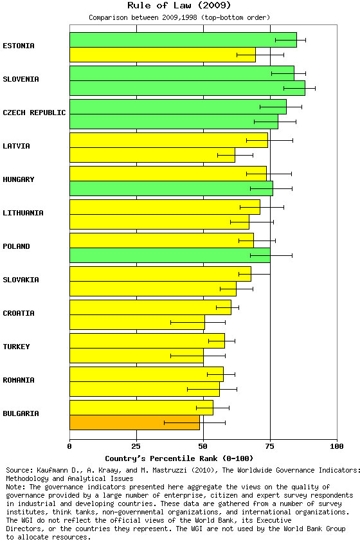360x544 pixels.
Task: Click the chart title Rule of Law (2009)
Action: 179,5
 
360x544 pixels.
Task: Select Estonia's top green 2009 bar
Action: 183,40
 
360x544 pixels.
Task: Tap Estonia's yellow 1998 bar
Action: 163,55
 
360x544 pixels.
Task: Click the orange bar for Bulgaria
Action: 134,422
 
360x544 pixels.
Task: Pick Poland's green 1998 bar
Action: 170,255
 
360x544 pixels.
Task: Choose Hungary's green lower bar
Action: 172,188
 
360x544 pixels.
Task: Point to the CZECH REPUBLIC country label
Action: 34,113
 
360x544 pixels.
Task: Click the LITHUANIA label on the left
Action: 23,213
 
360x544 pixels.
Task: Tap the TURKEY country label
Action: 16,347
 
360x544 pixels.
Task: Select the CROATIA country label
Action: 19,313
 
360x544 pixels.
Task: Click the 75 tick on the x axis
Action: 270,446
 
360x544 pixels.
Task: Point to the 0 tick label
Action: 69,446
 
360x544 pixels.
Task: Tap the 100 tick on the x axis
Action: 337,446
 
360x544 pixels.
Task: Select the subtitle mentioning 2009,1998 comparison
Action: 179,17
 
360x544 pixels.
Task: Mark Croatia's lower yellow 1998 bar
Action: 138,322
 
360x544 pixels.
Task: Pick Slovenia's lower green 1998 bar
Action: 187,88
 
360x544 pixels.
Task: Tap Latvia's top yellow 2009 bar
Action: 169,140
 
